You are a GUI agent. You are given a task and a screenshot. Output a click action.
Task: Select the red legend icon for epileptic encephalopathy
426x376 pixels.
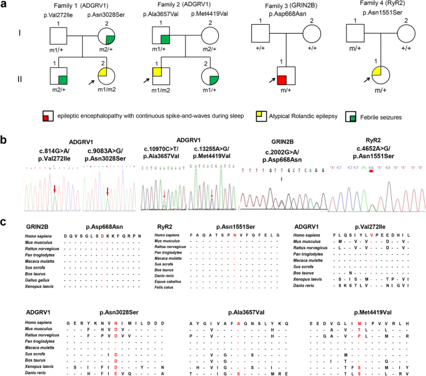click(x=45, y=117)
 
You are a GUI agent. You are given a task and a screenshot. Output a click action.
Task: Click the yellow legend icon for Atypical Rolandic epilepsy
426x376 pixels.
click(x=246, y=117)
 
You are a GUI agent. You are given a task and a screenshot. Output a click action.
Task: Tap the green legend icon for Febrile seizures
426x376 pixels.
click(x=353, y=117)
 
